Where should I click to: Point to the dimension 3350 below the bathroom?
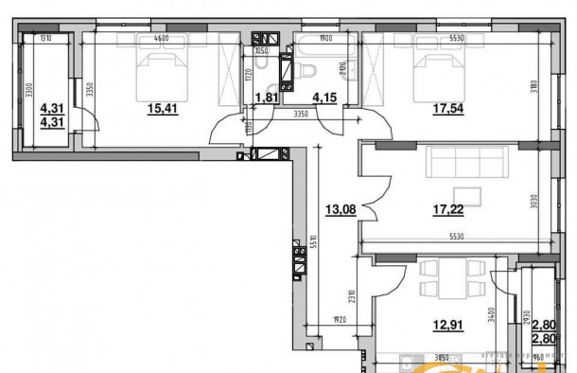[301, 115]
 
